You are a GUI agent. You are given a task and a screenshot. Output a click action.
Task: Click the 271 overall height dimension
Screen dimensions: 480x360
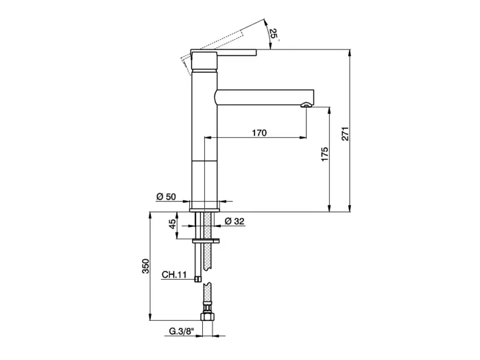[345, 134]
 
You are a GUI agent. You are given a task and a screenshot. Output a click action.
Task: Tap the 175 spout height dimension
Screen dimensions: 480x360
[324, 154]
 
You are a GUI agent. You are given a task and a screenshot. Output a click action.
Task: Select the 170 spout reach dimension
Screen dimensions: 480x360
[259, 133]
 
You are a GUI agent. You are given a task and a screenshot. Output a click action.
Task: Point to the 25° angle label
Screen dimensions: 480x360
[274, 35]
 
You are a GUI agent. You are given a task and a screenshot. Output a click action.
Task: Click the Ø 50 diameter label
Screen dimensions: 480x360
[166, 197]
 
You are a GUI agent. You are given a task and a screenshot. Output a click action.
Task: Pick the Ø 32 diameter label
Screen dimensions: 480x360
[235, 221]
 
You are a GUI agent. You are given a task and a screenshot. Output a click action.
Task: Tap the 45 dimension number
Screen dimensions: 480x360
[172, 224]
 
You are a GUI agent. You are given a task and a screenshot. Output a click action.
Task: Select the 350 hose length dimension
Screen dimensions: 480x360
[145, 266]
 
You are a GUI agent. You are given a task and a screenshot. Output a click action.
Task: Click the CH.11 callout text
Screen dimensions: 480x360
[174, 274]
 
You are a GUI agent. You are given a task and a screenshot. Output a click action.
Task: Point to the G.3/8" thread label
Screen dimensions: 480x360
[182, 331]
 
